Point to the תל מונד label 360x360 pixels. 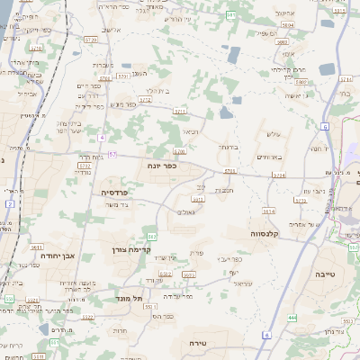[x=130, y=298]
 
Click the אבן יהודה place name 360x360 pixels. [x=57, y=256]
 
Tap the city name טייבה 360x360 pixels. [x=325, y=272]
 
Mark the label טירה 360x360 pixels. [x=199, y=343]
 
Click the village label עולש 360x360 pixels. [x=273, y=134]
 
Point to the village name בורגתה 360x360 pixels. [x=227, y=146]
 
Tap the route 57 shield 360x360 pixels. [x=112, y=154]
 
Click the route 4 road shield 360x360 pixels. [x=103, y=138]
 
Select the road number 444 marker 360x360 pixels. [x=292, y=318]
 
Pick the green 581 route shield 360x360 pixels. [x=231, y=15]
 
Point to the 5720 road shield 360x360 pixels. [x=90, y=40]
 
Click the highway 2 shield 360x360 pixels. [x=9, y=204]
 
